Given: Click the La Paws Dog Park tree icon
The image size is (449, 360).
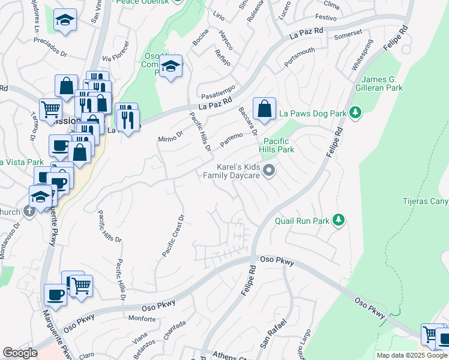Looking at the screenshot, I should click(356, 112).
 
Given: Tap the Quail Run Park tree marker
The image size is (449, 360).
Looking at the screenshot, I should click(339, 220).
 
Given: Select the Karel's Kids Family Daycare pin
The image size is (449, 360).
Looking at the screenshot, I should click(270, 171).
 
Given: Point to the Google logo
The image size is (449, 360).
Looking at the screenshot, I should click(20, 353).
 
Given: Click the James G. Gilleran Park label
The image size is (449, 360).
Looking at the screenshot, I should click(390, 83).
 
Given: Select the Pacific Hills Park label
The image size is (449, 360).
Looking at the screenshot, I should click(277, 145).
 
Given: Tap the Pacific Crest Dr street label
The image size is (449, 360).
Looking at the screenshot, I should click(172, 236).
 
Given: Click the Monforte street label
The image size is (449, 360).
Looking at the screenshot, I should click(142, 319).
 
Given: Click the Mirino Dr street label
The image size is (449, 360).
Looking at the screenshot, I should click(170, 137).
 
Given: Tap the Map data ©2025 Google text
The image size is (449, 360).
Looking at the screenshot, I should click(411, 355).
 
